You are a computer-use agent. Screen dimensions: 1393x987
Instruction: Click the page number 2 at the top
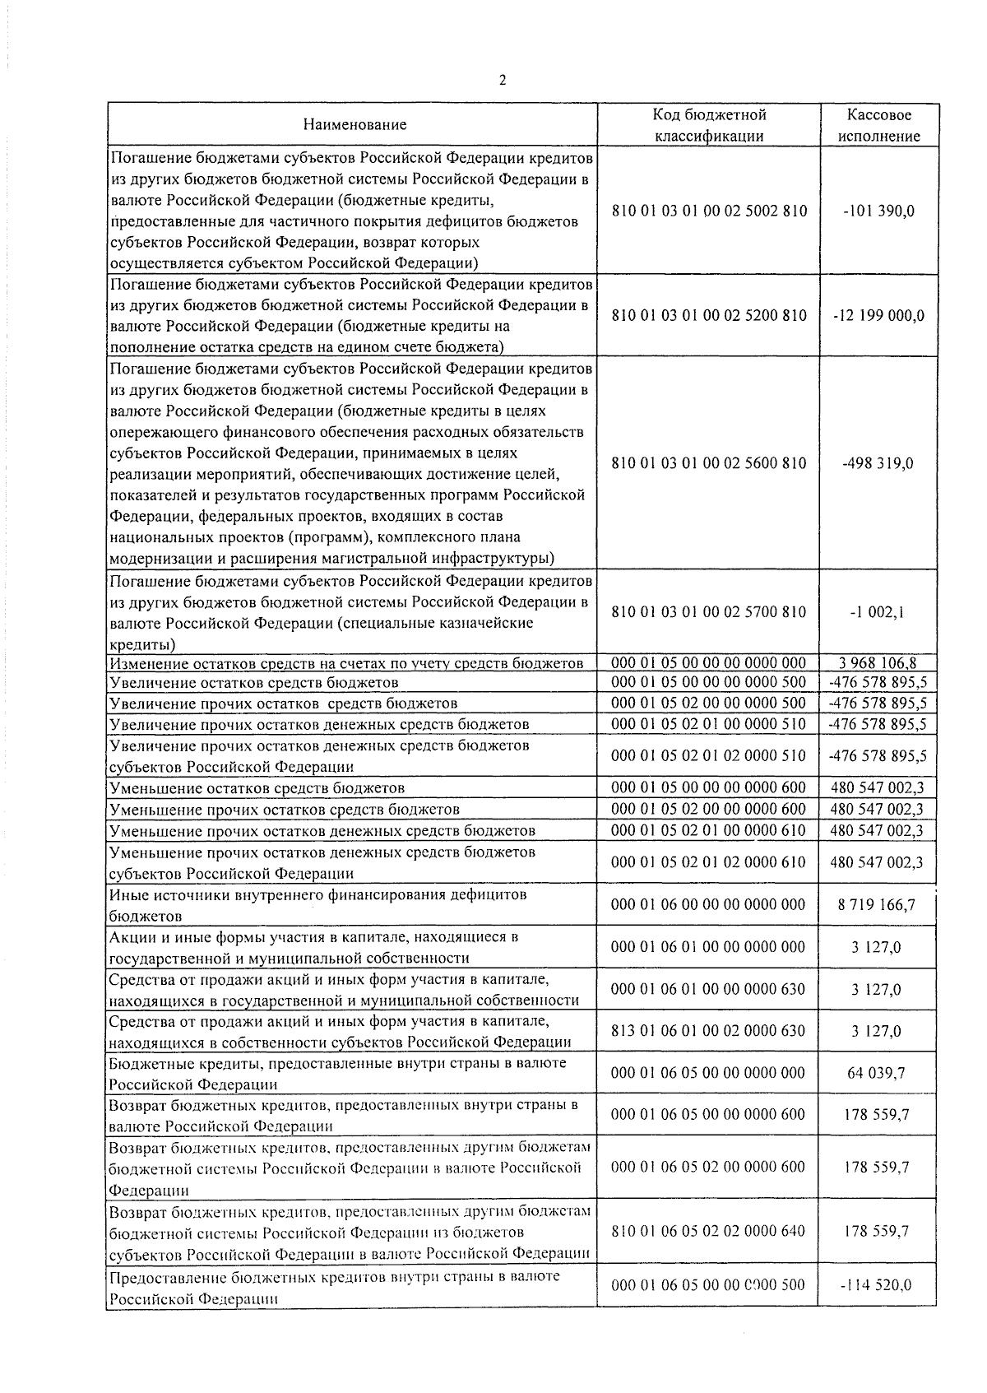coord(502,80)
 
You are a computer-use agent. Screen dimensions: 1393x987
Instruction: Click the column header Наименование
coord(354,125)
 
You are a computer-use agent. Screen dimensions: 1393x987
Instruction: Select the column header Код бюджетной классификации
coord(709,125)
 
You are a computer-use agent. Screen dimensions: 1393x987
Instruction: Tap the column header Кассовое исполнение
coord(879,125)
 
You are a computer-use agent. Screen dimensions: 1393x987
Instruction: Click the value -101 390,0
coord(878,211)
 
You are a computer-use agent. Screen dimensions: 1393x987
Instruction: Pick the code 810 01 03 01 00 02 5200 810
coord(709,316)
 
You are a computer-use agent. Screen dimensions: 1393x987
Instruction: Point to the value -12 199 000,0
coord(878,316)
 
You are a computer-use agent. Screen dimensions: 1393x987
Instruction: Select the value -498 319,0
coord(878,463)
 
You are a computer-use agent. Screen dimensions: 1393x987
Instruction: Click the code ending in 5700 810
coord(709,612)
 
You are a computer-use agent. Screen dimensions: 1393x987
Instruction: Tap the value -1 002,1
coord(878,612)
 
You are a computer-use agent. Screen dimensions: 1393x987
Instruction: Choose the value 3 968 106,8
coord(878,663)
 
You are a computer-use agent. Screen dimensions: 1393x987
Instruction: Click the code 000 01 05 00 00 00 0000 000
coord(709,663)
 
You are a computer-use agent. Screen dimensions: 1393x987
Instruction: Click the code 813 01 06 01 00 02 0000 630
coord(708,1031)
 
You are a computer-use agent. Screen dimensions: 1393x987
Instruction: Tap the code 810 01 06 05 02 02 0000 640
coord(708,1232)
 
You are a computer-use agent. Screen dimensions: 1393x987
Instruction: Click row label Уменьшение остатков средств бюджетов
coord(257,788)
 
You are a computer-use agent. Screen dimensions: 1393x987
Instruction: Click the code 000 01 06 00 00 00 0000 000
coord(708,905)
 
